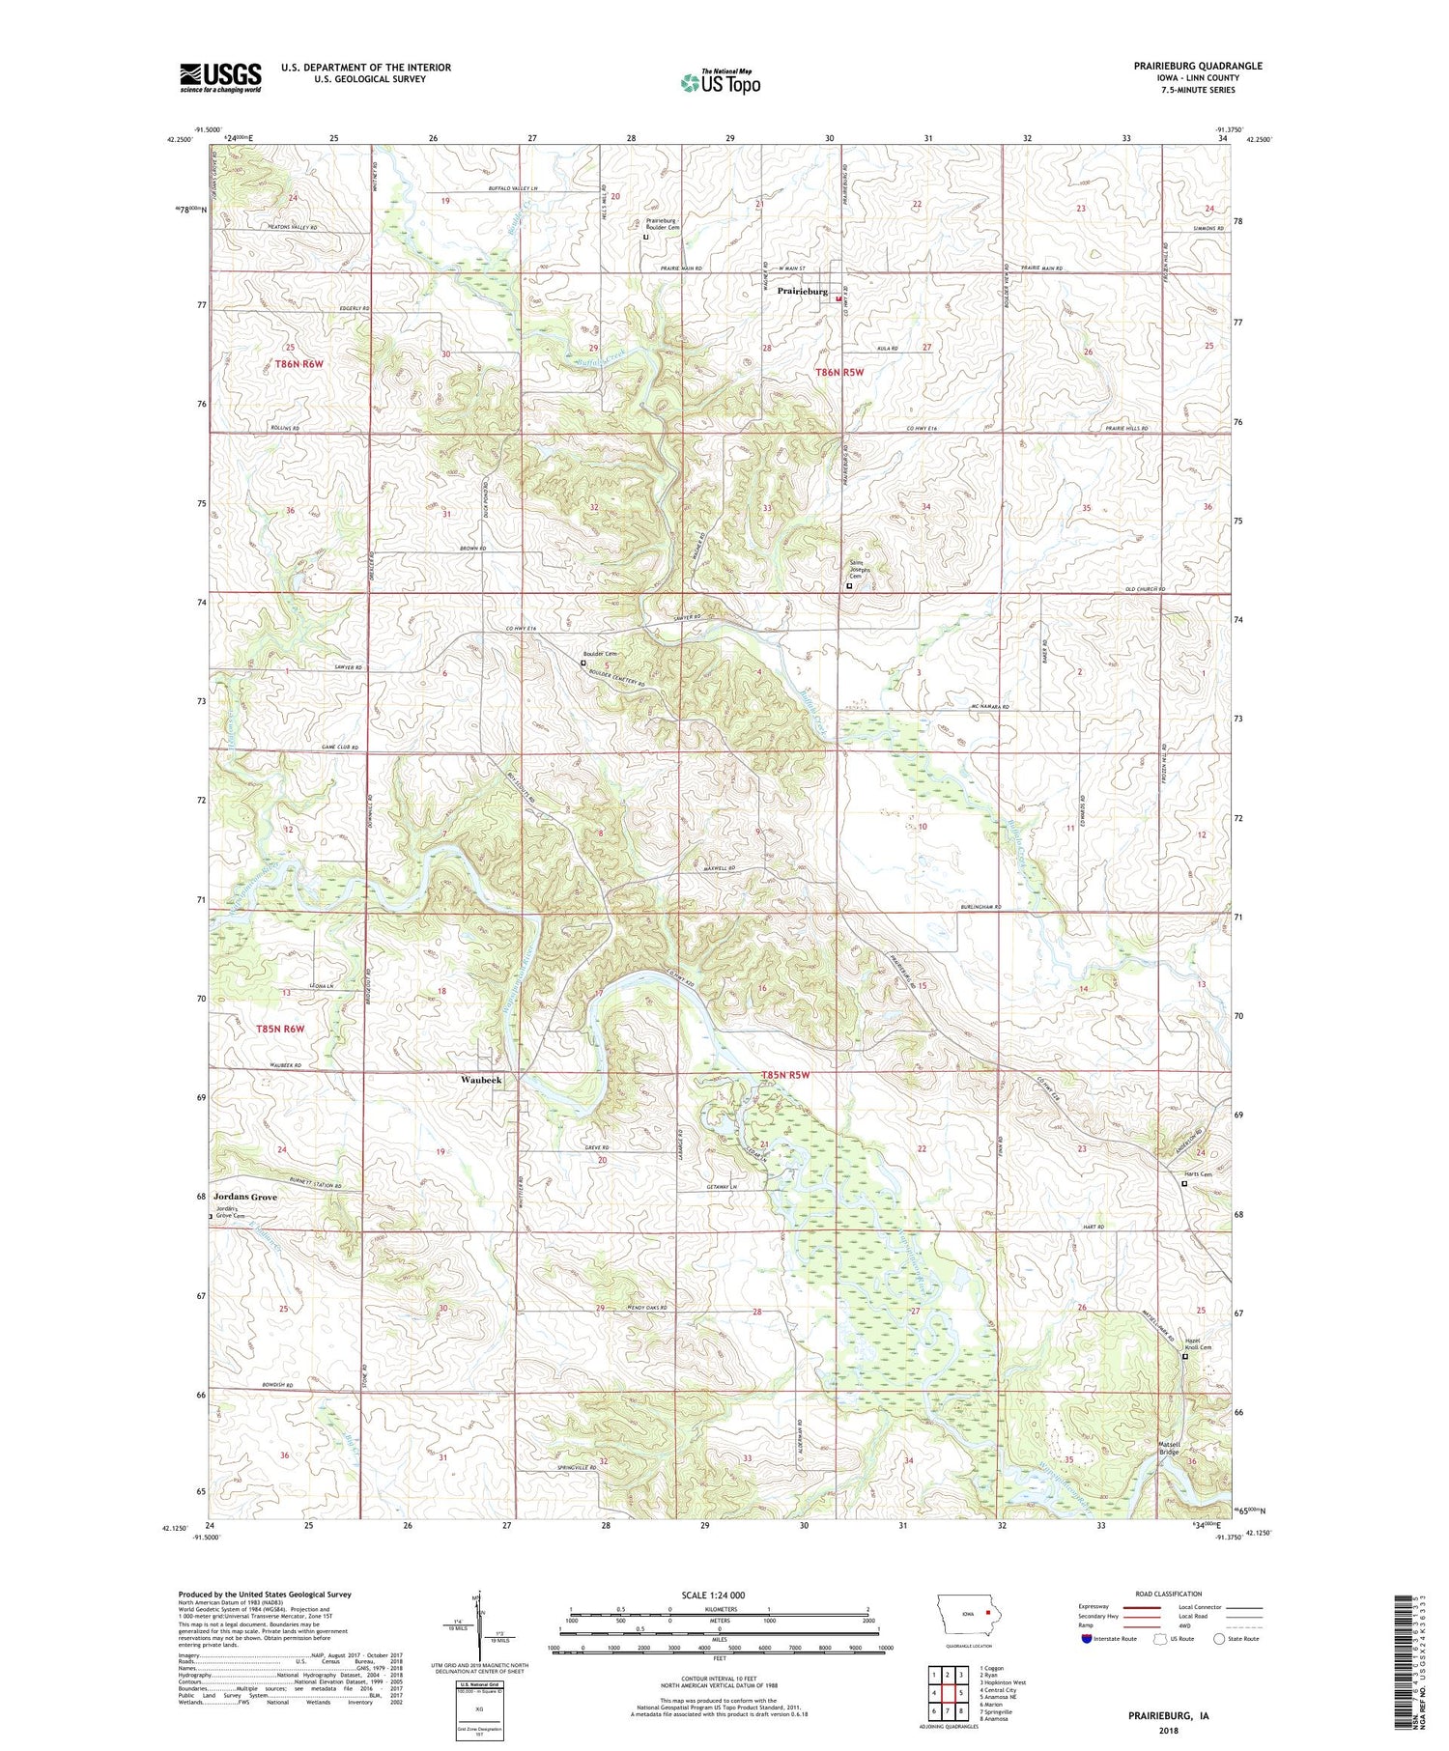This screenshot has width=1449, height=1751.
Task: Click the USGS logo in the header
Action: coord(220,77)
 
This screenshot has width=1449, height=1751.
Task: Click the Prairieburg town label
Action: coord(802,291)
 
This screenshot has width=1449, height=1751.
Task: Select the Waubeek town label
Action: coord(480,1080)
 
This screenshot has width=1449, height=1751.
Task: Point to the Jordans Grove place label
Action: coord(245,1197)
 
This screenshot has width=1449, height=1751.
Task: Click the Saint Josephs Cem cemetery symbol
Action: coord(849,585)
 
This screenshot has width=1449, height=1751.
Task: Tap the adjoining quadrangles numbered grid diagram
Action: coord(949,1685)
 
